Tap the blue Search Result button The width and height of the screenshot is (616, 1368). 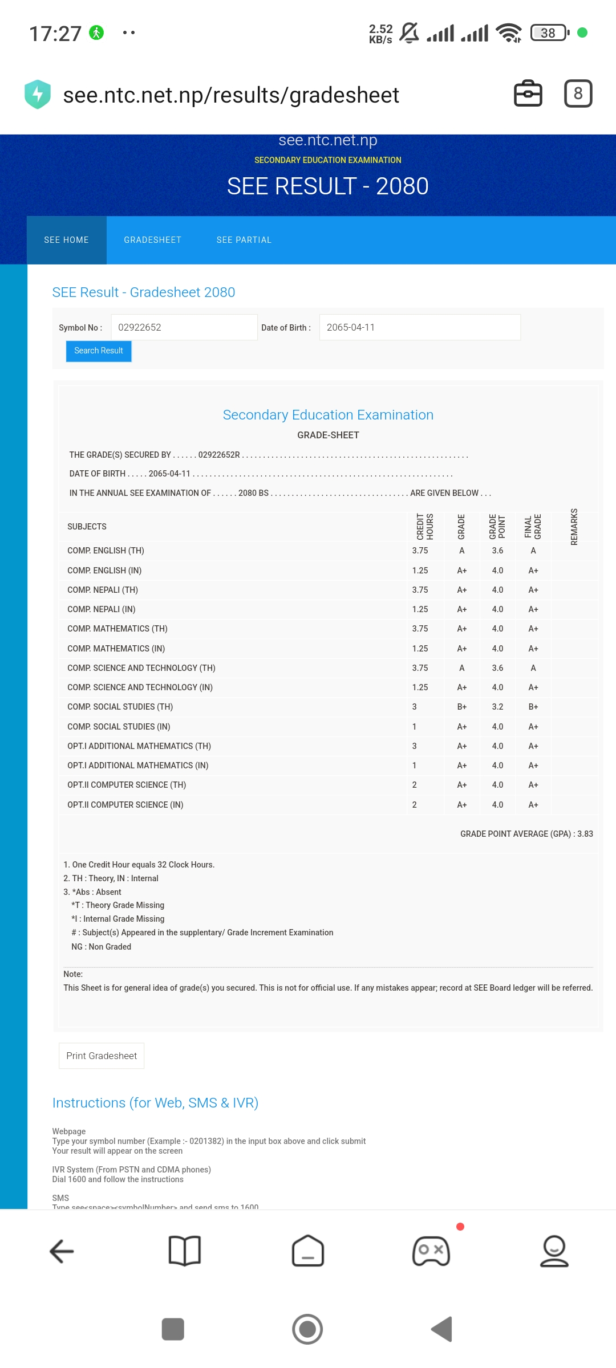coord(99,351)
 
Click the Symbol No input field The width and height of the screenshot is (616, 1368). coord(184,327)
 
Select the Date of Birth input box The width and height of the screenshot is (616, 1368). coord(419,327)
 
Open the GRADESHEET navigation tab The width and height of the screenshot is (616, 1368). coord(152,240)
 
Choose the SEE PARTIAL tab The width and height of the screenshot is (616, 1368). coord(244,240)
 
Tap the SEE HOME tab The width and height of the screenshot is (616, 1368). coord(66,240)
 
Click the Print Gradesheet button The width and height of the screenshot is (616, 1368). coord(102,1056)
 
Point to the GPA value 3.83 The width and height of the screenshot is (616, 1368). coord(585,834)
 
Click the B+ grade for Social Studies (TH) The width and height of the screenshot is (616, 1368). coord(461,707)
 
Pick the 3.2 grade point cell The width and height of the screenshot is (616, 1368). coord(497,707)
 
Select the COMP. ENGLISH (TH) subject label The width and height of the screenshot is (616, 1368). coord(106,551)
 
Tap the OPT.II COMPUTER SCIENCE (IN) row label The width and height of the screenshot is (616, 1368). coord(125,805)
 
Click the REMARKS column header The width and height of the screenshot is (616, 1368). coord(574,527)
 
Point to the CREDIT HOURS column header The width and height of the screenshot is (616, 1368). coord(425,527)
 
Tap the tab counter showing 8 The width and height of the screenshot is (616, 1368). coord(578,93)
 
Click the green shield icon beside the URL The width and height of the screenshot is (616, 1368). coord(38,94)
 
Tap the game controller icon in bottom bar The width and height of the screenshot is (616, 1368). coord(431,1251)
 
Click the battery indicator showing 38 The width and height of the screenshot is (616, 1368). coord(549,33)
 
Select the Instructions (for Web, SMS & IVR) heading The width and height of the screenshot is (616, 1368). coord(155,1103)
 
